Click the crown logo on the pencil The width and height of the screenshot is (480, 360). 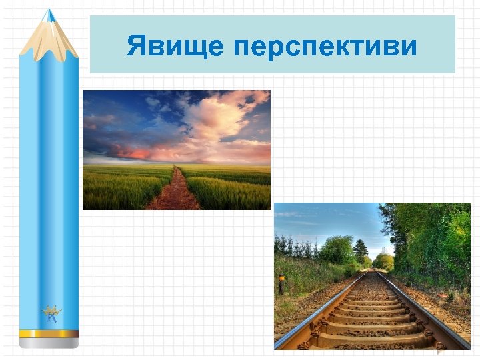point(51,313)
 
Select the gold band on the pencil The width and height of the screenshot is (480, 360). point(49,333)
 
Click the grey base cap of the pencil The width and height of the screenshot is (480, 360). point(49,343)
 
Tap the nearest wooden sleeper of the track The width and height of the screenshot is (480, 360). point(373,340)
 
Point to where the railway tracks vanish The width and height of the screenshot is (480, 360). point(374,270)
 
